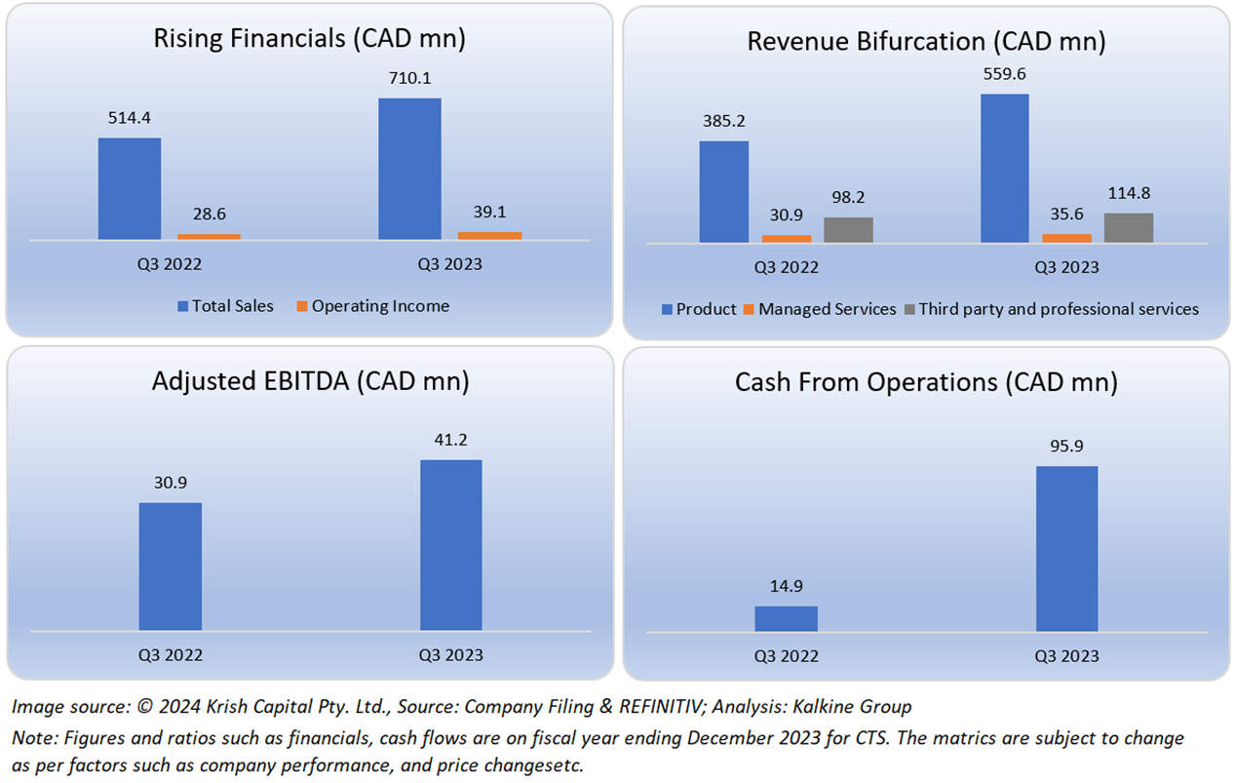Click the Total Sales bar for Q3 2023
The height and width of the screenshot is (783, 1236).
(409, 169)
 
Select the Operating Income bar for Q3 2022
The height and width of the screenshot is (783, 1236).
(209, 236)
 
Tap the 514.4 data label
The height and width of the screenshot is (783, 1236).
(129, 118)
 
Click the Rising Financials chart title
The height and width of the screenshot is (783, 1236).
(309, 39)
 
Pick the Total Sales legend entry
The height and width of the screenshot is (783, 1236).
(225, 306)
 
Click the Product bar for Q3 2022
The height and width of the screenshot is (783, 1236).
(724, 191)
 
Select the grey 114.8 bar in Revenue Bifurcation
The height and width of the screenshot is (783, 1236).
(1129, 227)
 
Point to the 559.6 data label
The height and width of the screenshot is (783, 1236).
(1004, 74)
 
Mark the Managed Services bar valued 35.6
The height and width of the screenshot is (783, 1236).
(1066, 238)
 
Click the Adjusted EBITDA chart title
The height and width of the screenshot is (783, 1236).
(310, 381)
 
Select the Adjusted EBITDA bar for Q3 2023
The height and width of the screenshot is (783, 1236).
(450, 545)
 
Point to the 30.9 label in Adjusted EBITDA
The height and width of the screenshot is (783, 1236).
(170, 484)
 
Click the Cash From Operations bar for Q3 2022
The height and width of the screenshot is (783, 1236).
(786, 618)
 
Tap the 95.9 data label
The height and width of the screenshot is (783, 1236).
(1066, 447)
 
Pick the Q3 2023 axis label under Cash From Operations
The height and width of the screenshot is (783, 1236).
(1066, 656)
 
